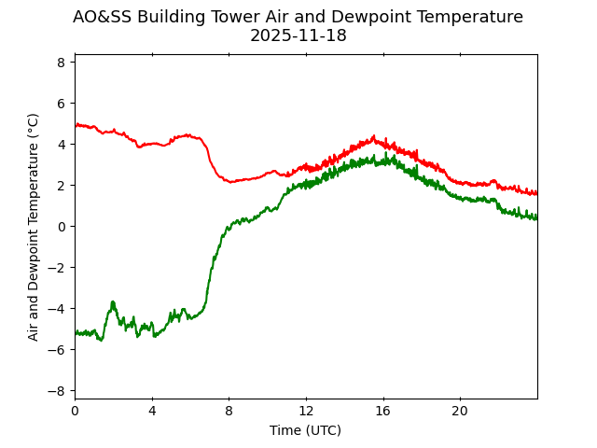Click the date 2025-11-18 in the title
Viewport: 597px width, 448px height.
coord(298,36)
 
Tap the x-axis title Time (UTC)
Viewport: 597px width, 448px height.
coord(305,430)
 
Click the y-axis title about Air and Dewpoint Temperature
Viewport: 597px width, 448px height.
coord(34,227)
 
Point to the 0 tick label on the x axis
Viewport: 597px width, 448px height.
coord(75,412)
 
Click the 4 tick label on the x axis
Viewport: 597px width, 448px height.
coord(152,412)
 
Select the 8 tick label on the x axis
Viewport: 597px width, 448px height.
coord(229,412)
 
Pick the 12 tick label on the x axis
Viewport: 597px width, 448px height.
coord(306,412)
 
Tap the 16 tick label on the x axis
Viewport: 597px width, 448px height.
coord(382,412)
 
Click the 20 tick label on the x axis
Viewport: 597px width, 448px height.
coord(460,412)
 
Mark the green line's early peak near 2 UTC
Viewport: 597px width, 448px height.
coord(113,302)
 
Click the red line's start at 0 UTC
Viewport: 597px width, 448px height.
coord(76,124)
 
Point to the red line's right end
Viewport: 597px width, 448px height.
coord(536,193)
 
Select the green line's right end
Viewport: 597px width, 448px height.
coord(536,218)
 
